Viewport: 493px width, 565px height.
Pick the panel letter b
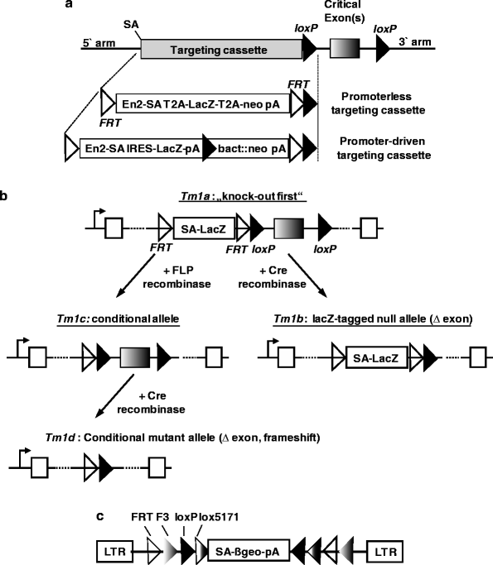(x=6, y=195)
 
